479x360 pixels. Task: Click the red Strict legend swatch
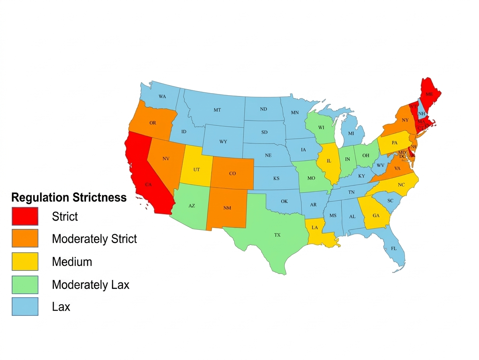click(25, 216)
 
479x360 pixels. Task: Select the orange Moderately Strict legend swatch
click(25, 239)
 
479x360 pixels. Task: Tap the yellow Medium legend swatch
click(25, 262)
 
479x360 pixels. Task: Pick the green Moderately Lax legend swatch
click(25, 284)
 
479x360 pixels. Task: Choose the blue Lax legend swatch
click(25, 307)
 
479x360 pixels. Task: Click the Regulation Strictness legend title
click(69, 197)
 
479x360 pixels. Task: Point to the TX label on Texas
click(277, 235)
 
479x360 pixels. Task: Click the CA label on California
click(149, 184)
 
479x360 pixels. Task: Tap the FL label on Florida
click(394, 249)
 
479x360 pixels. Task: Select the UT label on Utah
click(196, 170)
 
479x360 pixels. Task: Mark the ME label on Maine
click(429, 94)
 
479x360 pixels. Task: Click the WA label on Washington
click(162, 97)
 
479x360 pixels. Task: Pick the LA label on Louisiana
click(315, 228)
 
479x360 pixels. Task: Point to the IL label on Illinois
click(329, 161)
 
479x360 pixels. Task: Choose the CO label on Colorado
click(232, 174)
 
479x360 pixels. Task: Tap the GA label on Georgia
click(376, 216)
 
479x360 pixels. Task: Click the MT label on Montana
click(217, 110)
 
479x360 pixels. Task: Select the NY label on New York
click(405, 120)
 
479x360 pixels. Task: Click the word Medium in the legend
click(72, 262)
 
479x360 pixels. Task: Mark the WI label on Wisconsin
click(321, 128)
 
